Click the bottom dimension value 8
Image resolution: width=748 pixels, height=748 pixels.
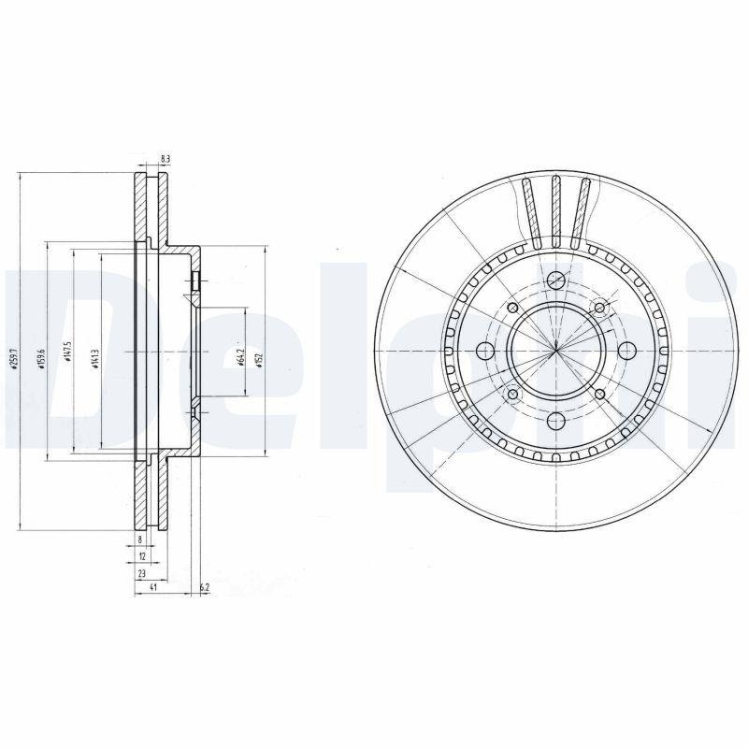(140, 540)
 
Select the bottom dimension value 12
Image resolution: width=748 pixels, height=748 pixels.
(140, 555)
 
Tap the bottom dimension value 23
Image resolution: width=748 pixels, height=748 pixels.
(142, 571)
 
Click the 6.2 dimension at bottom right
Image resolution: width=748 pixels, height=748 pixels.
(204, 587)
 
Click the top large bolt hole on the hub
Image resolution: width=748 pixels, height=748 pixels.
(555, 280)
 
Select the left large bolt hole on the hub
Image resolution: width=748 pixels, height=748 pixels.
(485, 352)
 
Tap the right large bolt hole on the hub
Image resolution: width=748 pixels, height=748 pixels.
(626, 352)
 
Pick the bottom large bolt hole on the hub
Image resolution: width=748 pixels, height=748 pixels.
(555, 422)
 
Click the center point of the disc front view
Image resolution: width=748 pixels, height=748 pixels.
(555, 351)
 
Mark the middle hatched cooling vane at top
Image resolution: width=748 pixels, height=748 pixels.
(555, 210)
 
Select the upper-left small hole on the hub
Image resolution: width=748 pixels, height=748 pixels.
(512, 309)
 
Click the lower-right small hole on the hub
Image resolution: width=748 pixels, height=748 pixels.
(599, 394)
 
